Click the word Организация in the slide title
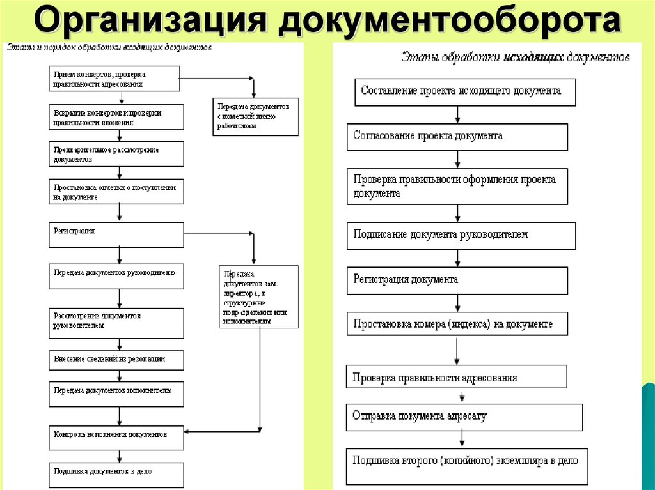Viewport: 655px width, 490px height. (x=150, y=20)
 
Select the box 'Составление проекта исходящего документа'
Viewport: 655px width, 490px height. (x=465, y=91)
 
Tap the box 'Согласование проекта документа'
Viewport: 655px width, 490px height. (x=457, y=137)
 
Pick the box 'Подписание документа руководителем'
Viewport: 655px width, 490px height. (x=461, y=235)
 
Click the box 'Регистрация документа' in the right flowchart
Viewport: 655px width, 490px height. (x=457, y=280)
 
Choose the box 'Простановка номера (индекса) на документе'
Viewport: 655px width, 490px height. (x=461, y=325)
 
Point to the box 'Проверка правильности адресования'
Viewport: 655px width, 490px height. (x=456, y=377)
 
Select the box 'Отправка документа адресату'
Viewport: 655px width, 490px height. (x=464, y=417)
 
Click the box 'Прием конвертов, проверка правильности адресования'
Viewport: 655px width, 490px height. (x=114, y=79)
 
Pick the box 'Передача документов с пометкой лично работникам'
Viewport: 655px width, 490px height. (x=255, y=117)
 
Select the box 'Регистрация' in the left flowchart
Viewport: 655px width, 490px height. (x=116, y=234)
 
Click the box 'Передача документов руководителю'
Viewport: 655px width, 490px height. (x=116, y=276)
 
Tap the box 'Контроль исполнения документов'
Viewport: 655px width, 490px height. (x=116, y=436)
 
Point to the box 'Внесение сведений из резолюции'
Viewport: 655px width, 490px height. (x=116, y=360)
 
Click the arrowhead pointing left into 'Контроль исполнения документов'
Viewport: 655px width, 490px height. (x=188, y=431)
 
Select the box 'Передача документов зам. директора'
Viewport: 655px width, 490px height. (x=258, y=296)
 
